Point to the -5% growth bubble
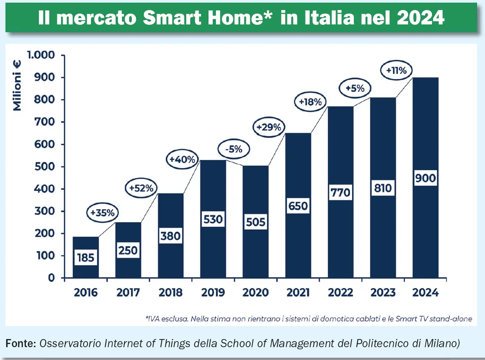tap(233, 149)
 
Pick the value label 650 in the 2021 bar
tap(298, 206)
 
